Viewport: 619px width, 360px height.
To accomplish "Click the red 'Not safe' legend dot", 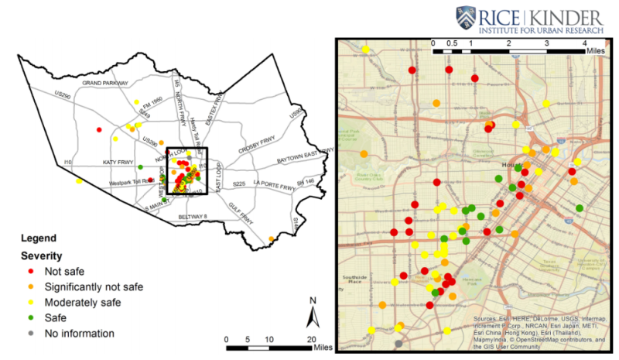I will point(30,271).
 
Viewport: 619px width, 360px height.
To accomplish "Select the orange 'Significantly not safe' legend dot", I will point(30,286).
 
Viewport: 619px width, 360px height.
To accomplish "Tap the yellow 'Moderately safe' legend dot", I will point(30,302).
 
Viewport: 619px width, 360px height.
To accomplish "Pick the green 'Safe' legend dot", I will point(30,317).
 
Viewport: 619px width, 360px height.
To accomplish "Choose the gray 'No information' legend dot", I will point(30,333).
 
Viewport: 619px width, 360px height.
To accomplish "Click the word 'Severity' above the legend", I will point(41,255).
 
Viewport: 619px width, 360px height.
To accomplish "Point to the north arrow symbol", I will point(312,314).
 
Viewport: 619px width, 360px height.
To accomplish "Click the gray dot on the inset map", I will point(398,343).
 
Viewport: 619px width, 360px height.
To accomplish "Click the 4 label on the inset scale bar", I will point(585,43).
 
